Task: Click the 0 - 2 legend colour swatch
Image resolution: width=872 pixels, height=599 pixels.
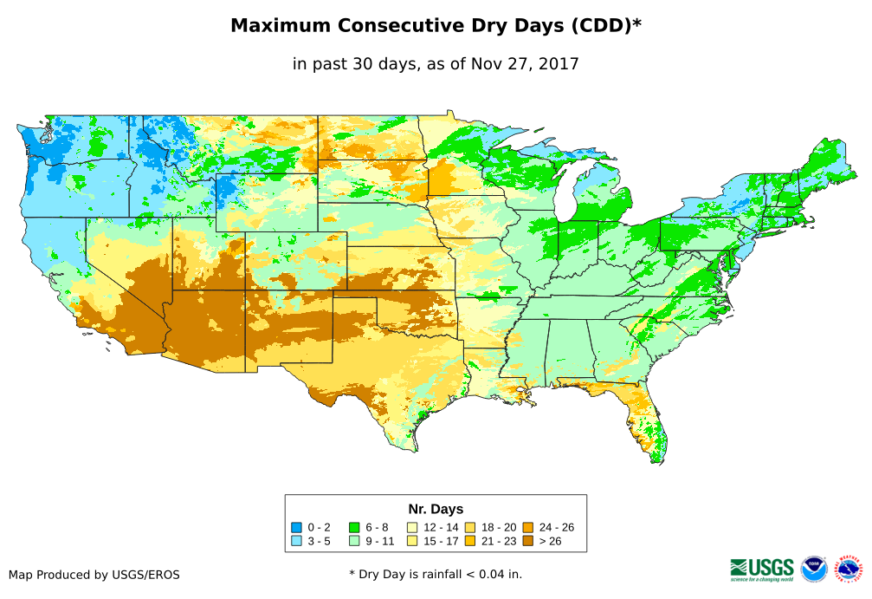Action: pyautogui.click(x=296, y=527)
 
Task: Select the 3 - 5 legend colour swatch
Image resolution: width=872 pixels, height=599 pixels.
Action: pyautogui.click(x=296, y=541)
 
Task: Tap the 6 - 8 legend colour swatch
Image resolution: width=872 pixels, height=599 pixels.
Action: pyautogui.click(x=354, y=527)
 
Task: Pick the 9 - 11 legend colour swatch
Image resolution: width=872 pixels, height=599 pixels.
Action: pyautogui.click(x=354, y=541)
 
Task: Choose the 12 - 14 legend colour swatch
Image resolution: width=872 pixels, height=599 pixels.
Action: pyautogui.click(x=411, y=527)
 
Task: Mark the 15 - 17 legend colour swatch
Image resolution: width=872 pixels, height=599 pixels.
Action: pyautogui.click(x=411, y=541)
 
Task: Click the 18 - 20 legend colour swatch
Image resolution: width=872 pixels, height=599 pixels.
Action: pyautogui.click(x=469, y=527)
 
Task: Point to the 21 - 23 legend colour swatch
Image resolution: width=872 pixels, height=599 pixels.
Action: pyautogui.click(x=469, y=541)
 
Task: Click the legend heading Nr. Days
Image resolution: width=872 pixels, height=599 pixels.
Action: pyautogui.click(x=436, y=509)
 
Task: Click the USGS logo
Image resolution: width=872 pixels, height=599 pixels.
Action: pyautogui.click(x=762, y=569)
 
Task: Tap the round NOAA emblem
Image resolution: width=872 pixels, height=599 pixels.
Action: pyautogui.click(x=814, y=569)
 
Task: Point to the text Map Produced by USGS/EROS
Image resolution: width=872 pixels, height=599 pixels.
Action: pyautogui.click(x=94, y=574)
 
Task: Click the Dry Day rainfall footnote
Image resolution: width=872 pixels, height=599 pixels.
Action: pyautogui.click(x=436, y=574)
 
